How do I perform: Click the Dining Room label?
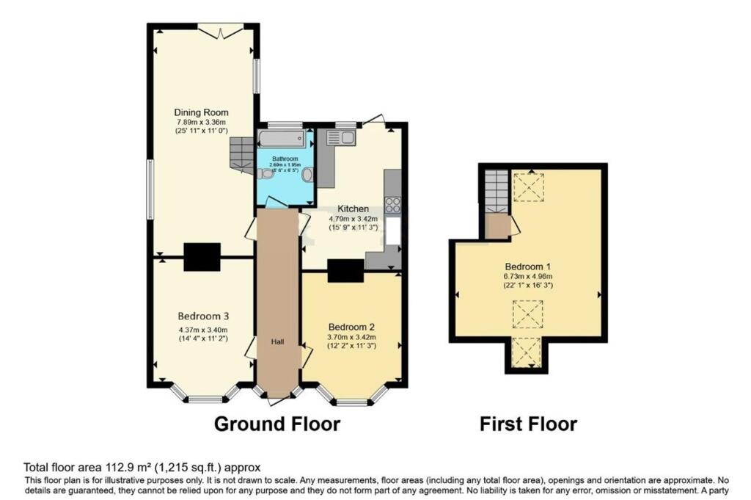coord(201,112)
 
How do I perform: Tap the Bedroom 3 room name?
coord(201,316)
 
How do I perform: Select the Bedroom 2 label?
coord(352,326)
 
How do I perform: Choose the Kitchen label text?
coord(353,209)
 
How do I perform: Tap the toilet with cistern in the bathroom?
coord(306,175)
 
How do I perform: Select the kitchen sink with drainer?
coord(341,137)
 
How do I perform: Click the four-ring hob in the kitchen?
coord(393,205)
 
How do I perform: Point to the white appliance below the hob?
coord(393,233)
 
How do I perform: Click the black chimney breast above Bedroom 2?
coord(345,271)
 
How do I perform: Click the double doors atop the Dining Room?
coord(221,31)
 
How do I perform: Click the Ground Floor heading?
coord(277,424)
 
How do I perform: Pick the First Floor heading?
coord(528,424)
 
